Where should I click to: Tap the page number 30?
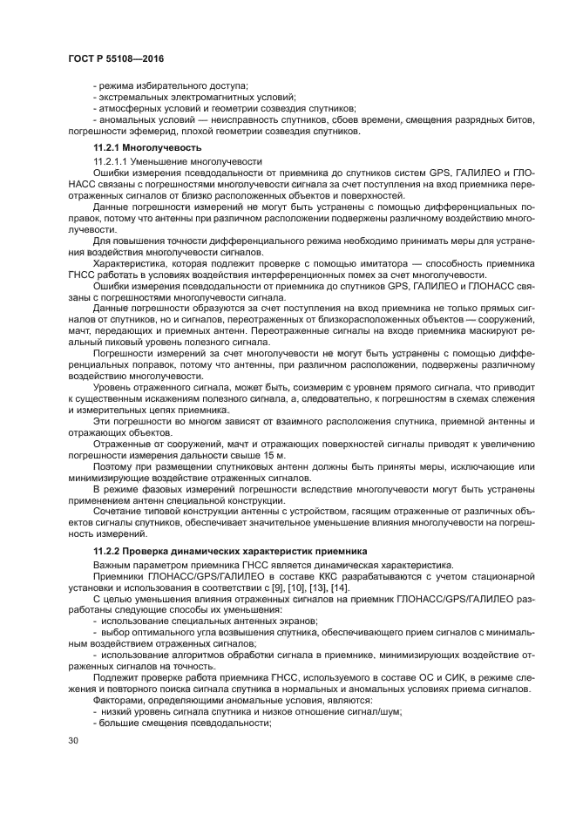72,742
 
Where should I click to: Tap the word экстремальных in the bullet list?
133,97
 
